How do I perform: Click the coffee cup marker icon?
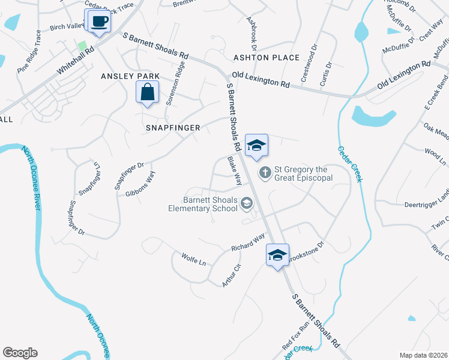point(100,22)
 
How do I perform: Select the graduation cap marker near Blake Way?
point(256,145)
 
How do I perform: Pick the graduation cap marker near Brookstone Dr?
point(278,255)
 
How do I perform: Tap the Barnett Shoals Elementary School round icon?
point(246,205)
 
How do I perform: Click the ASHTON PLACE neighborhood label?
point(267,58)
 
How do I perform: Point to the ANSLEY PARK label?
point(130,76)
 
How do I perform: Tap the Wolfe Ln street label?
point(193,260)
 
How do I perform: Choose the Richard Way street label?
point(249,242)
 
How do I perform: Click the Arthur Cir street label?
point(232,275)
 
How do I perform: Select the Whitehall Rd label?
point(76,62)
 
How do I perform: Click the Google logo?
point(20,353)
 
